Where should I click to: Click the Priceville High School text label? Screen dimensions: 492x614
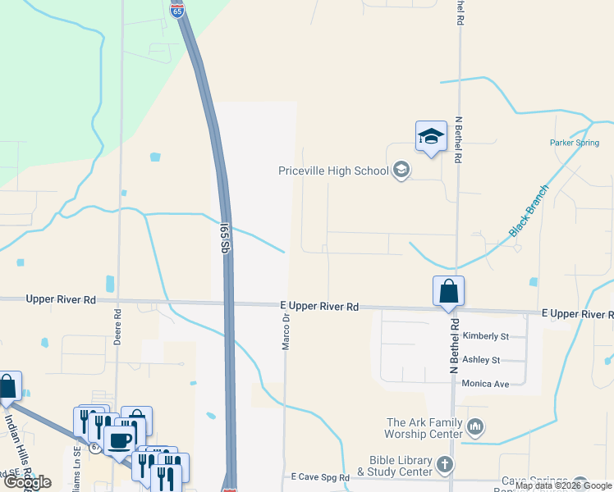click(332, 171)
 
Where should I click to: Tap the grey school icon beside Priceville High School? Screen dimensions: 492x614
click(401, 171)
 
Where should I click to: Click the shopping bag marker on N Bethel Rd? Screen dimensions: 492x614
click(448, 291)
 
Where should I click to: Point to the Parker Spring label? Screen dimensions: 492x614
click(575, 143)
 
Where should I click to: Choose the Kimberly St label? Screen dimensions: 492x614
click(486, 336)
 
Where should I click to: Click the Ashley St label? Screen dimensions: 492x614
click(483, 360)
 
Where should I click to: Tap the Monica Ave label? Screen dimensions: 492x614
click(486, 384)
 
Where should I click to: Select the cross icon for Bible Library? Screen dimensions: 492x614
click(444, 464)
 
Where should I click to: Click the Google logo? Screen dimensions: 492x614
click(27, 482)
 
